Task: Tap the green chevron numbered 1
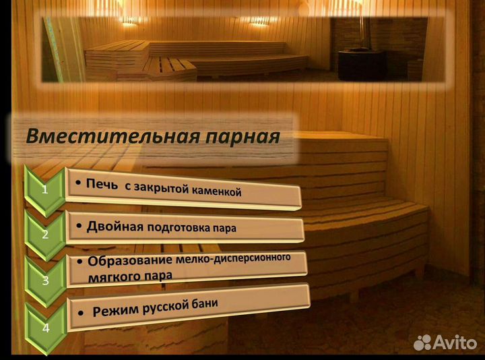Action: click(44, 189)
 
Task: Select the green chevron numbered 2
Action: click(45, 234)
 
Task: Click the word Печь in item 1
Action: click(100, 183)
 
